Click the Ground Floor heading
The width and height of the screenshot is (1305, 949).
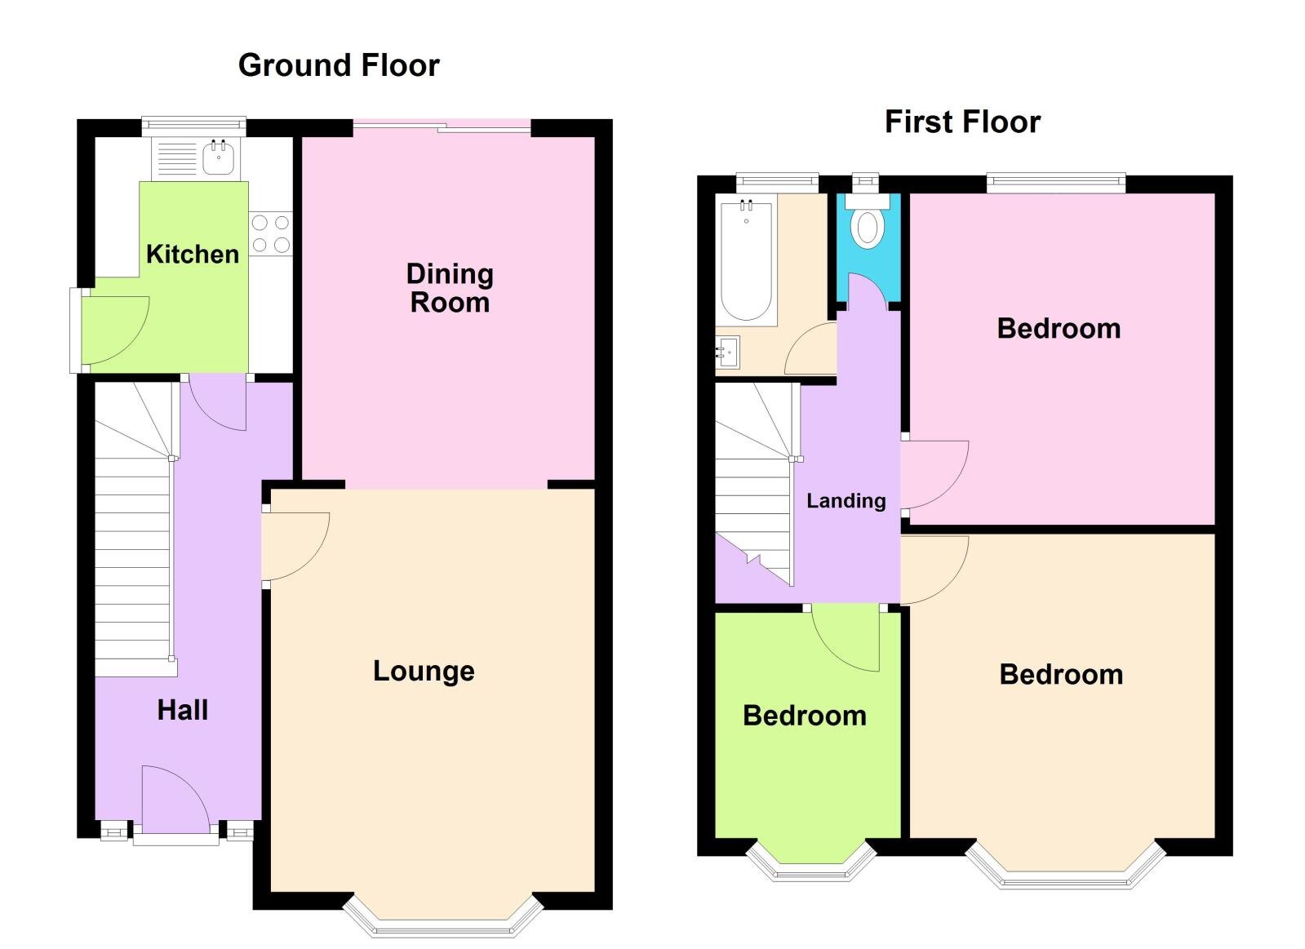[339, 65]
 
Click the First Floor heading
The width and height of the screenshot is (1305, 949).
[962, 122]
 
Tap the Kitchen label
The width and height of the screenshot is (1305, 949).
[193, 254]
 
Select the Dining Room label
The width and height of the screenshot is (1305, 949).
[450, 288]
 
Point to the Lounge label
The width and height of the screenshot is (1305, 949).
[424, 671]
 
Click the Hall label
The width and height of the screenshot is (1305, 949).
[183, 710]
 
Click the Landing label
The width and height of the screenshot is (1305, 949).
[846, 500]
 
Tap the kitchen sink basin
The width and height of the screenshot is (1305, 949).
[219, 157]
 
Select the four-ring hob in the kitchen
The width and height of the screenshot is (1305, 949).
[271, 233]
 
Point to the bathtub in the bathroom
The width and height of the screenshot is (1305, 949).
[746, 261]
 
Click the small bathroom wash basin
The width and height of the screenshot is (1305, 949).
[728, 353]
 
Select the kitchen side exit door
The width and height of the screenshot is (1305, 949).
[113, 329]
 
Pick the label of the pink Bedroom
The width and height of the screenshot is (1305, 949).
[1059, 329]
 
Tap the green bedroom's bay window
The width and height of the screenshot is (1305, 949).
[811, 868]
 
